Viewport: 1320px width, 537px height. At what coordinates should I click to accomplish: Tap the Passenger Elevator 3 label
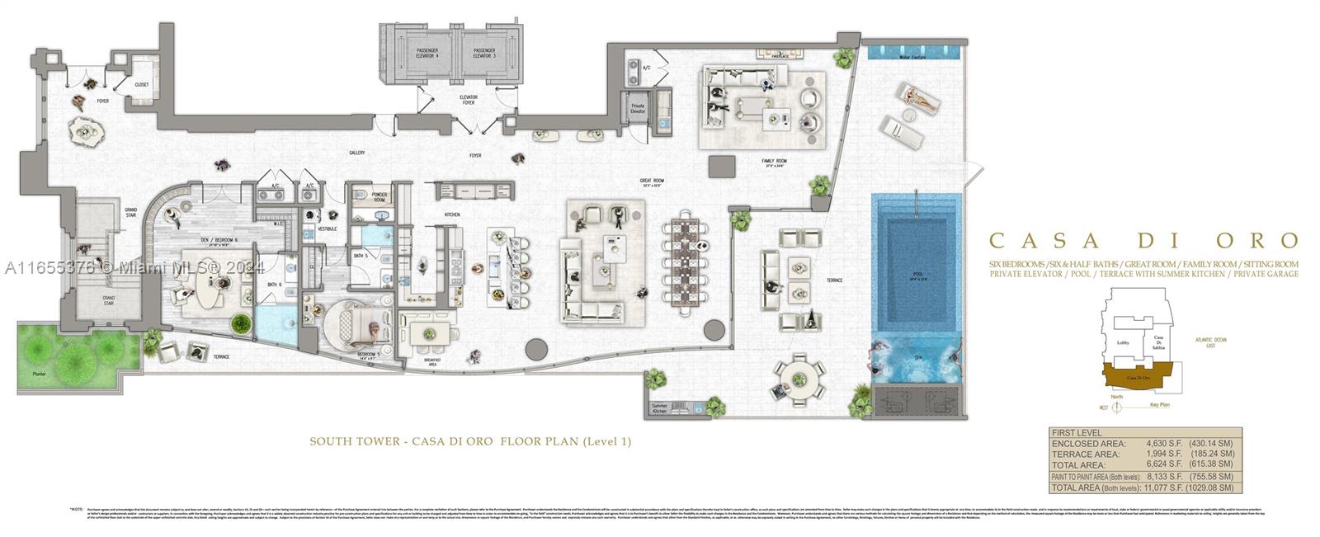(483, 53)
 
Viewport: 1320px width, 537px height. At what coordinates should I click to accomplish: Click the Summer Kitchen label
(659, 408)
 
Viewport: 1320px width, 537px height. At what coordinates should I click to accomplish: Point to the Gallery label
(357, 153)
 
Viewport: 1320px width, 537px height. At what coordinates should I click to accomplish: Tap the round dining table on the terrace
(798, 379)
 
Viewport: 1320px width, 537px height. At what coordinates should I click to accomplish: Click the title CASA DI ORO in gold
(1143, 241)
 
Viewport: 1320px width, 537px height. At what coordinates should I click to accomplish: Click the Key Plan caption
(1161, 405)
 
